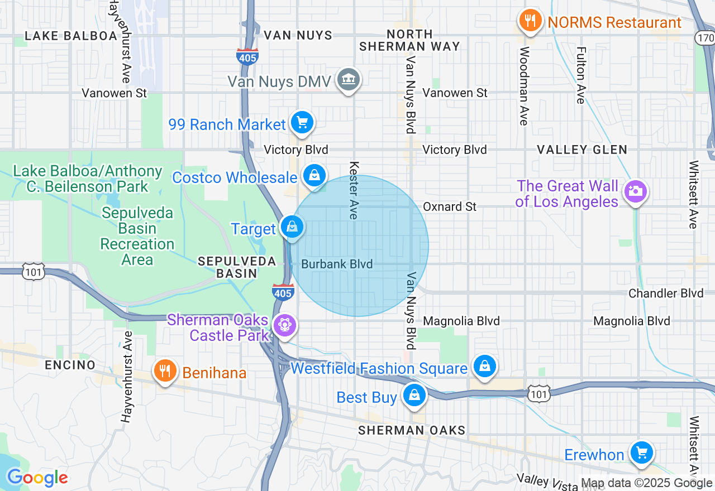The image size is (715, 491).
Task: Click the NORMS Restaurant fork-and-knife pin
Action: point(530,21)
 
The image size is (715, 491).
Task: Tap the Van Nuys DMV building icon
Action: point(348,80)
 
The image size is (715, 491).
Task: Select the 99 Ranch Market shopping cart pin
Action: point(302,123)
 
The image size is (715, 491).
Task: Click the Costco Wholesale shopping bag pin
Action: point(314,176)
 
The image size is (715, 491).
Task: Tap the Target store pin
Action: point(292,227)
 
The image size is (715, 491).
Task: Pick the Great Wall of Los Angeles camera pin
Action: point(635,191)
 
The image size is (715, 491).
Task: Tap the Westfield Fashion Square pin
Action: point(484,367)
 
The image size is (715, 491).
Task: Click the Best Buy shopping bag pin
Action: point(414,396)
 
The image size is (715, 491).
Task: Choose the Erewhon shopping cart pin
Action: point(642,453)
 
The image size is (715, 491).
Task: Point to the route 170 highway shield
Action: point(705,38)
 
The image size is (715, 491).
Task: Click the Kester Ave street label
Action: point(354,190)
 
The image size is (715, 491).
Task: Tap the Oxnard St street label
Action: point(449,206)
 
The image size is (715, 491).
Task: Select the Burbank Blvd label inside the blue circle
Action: point(337,264)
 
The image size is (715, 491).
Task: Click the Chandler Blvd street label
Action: point(666,293)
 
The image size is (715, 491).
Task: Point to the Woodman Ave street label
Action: point(524,86)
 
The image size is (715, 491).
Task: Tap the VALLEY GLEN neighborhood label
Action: point(582,150)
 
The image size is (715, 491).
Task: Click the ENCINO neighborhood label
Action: point(70,365)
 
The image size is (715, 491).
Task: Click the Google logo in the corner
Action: point(37,478)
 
